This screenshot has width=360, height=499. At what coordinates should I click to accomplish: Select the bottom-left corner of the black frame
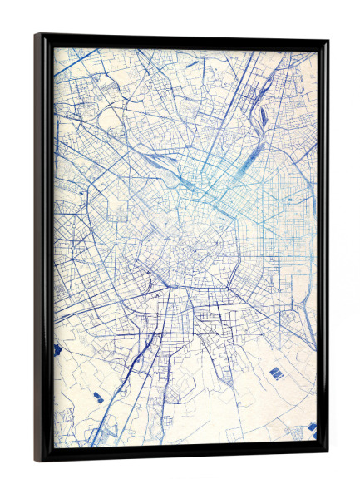pyautogui.click(x=37, y=460)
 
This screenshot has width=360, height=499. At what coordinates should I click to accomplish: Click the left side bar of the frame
pyautogui.click(x=44, y=249)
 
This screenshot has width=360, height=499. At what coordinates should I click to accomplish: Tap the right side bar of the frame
pyautogui.click(x=323, y=249)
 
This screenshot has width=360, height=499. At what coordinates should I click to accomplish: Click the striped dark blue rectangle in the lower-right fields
pyautogui.click(x=277, y=373)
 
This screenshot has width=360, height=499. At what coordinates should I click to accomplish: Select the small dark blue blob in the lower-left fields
pyautogui.click(x=96, y=397)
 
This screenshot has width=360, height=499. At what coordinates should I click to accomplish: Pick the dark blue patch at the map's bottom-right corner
pyautogui.click(x=312, y=427)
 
